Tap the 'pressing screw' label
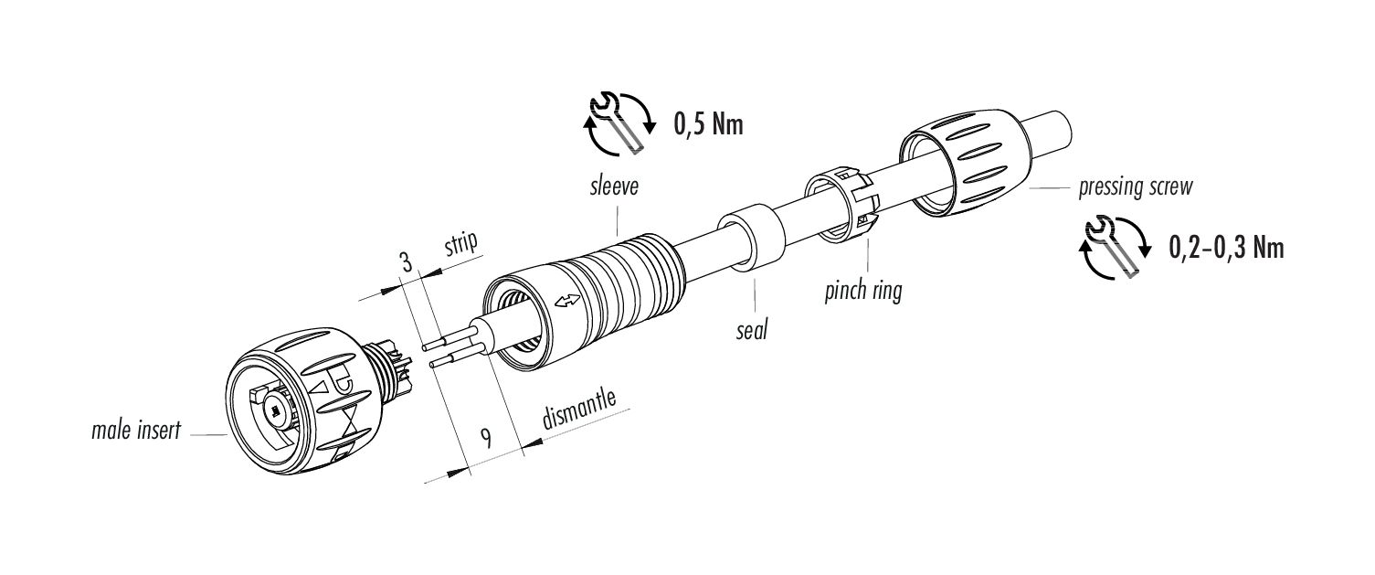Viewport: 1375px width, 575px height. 1135,188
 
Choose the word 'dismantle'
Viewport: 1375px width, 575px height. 579,412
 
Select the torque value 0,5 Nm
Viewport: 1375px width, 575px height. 708,124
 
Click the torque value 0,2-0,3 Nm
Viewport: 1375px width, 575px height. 1226,247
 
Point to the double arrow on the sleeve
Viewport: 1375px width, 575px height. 566,301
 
